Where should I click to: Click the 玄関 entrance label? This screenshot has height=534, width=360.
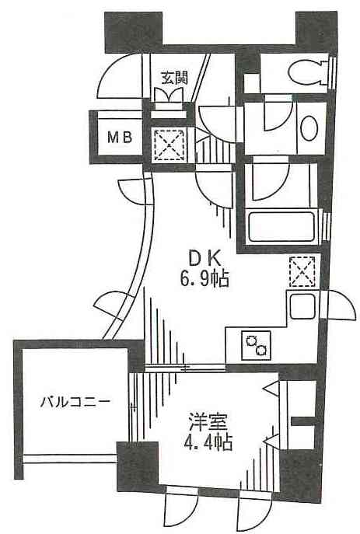coord(174,79)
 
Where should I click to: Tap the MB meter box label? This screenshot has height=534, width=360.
coord(120,138)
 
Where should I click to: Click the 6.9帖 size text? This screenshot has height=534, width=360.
coord(204,280)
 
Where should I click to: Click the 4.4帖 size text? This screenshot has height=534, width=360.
coord(208,443)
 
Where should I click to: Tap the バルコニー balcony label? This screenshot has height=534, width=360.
coord(75,402)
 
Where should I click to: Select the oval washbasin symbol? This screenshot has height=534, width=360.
coord(309,128)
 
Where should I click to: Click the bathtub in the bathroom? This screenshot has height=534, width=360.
coord(281,227)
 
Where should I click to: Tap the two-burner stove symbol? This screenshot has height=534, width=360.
coord(256,345)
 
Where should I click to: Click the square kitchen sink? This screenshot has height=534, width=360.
coord(302,306)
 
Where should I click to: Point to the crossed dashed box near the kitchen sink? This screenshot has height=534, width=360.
coord(302,271)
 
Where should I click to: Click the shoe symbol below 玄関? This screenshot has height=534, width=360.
coord(170,94)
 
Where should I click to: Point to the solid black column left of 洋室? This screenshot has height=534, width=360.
coord(138,465)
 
